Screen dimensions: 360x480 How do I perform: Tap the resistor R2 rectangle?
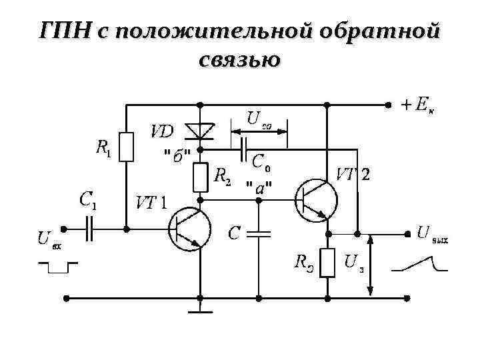click(201, 177)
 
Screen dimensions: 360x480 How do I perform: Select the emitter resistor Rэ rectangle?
click(327, 263)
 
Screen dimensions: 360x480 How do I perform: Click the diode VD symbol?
click(201, 129)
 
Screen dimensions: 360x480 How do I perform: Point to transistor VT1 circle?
click(189, 229)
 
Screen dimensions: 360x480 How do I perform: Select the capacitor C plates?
click(259, 234)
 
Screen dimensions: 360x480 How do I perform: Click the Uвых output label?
click(433, 234)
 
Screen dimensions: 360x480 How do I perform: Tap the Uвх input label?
click(49, 239)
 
